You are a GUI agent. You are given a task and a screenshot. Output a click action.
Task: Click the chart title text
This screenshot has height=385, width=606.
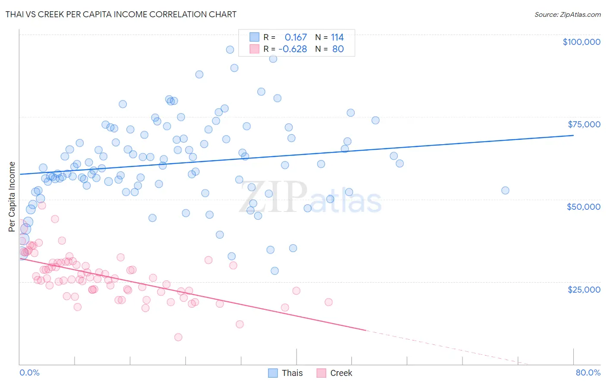click(x=121, y=14)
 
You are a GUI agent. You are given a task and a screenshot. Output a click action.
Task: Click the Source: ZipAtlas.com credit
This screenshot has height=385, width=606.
click(x=567, y=14)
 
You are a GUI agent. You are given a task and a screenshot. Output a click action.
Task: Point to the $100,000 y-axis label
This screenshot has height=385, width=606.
click(x=581, y=42)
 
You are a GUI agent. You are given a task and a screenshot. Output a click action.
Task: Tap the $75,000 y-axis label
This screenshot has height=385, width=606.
click(x=584, y=124)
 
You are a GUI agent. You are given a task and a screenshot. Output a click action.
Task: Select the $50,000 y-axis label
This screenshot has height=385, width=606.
click(x=584, y=207)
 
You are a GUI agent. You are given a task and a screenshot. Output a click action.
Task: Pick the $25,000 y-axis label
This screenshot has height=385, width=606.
click(x=584, y=289)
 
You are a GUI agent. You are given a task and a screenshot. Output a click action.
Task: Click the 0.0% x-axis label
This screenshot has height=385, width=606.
click(x=29, y=372)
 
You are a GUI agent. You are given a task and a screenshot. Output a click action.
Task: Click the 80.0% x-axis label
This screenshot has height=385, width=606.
click(x=588, y=372)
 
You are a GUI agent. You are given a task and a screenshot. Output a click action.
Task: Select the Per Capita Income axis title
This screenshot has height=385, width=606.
click(x=12, y=197)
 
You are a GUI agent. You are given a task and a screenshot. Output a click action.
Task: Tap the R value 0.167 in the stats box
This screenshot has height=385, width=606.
click(x=296, y=38)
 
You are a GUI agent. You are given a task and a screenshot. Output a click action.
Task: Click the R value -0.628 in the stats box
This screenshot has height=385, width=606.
click(x=293, y=49)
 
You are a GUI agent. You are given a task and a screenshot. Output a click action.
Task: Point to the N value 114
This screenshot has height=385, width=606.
click(x=337, y=38)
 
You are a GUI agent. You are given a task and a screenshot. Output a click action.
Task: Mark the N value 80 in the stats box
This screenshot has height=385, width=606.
click(x=338, y=49)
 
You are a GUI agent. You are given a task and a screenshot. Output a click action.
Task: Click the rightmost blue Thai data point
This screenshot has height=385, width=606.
click(x=505, y=190)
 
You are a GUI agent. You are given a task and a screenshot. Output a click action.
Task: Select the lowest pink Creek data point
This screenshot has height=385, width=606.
click(x=178, y=337)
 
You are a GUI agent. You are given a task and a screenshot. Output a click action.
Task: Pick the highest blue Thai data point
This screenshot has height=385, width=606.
click(x=230, y=50)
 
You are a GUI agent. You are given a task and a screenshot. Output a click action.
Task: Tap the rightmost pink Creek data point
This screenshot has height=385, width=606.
click(x=328, y=302)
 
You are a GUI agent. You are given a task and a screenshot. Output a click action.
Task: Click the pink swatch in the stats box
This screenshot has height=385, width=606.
click(x=255, y=49)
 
